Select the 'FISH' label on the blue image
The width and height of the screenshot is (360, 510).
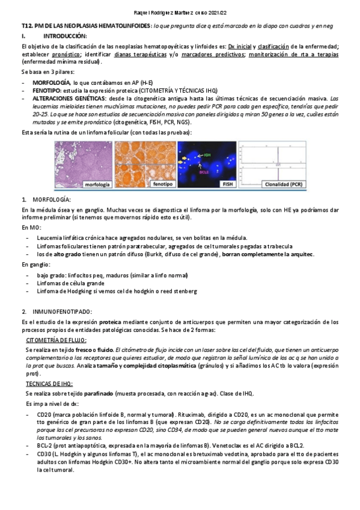coord(227,184)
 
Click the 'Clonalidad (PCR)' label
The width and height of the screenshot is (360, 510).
coord(284,184)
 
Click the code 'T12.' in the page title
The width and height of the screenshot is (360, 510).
coord(27,26)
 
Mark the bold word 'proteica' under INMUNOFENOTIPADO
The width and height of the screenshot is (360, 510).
coord(112,322)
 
